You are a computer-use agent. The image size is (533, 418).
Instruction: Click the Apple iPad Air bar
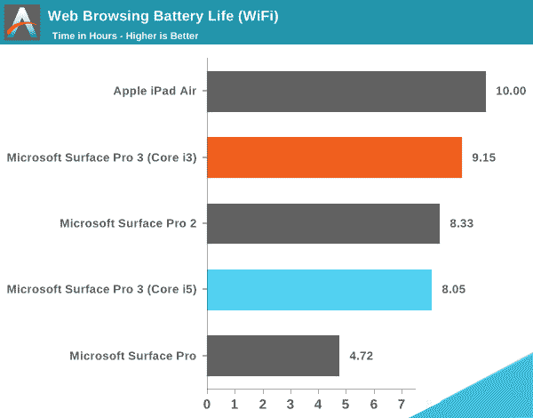(x=346, y=91)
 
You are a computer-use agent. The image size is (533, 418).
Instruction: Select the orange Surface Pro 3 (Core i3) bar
(x=334, y=157)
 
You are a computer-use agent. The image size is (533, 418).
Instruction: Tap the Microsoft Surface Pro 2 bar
(x=323, y=223)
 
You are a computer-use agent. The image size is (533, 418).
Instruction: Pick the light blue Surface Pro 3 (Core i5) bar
(x=319, y=289)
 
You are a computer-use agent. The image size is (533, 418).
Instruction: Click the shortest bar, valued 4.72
(x=273, y=356)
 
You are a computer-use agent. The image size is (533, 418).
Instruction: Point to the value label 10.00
(x=511, y=91)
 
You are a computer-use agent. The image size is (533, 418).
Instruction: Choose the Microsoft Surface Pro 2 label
(x=128, y=223)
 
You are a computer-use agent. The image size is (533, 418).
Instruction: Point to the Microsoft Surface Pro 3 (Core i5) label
(x=101, y=289)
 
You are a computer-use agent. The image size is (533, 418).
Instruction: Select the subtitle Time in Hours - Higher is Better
(x=124, y=36)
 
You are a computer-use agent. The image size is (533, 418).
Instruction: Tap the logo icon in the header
(x=22, y=22)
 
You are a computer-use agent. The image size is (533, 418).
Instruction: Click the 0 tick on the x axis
(x=207, y=405)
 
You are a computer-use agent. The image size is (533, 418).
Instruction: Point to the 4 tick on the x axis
(x=318, y=405)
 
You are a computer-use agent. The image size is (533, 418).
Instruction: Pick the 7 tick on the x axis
(x=402, y=405)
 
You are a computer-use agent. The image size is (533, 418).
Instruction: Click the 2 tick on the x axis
(x=263, y=405)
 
